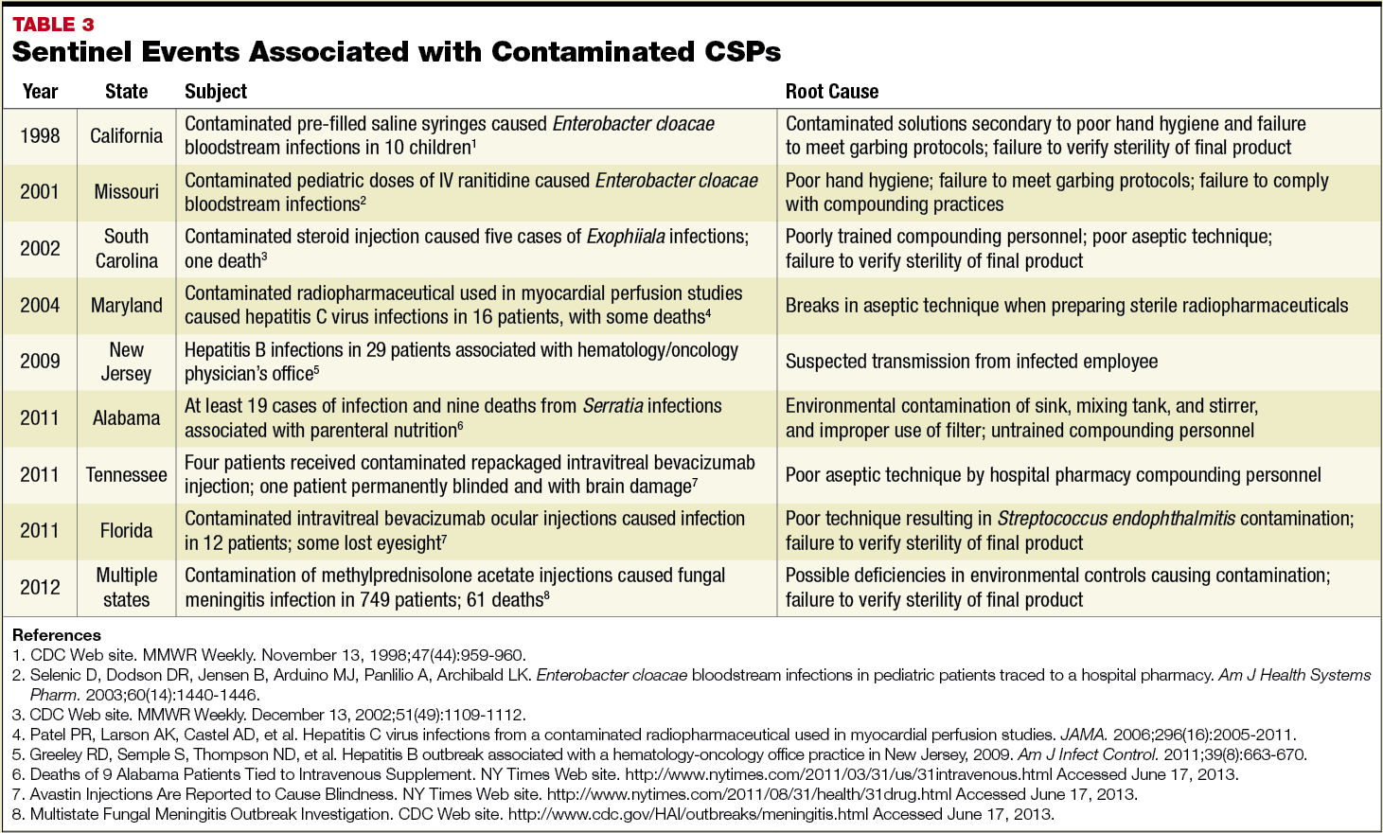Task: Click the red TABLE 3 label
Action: [x=53, y=25]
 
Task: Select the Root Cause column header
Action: [x=831, y=92]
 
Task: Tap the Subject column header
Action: [x=215, y=92]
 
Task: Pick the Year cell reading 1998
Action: [x=40, y=136]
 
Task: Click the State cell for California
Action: [x=126, y=136]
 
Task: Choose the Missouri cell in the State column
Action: [x=126, y=192]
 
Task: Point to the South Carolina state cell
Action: [x=126, y=248]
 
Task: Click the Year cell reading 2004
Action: [x=40, y=305]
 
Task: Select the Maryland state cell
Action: [x=126, y=305]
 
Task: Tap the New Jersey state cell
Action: [x=126, y=362]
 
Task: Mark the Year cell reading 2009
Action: [x=40, y=362]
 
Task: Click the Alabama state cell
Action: [x=126, y=418]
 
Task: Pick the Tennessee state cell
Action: [x=126, y=474]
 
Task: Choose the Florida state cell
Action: [x=126, y=531]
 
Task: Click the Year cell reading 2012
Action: [x=40, y=588]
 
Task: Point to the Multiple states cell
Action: [x=126, y=587]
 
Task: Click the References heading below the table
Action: [x=57, y=635]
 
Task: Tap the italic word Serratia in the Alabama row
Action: [x=612, y=406]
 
